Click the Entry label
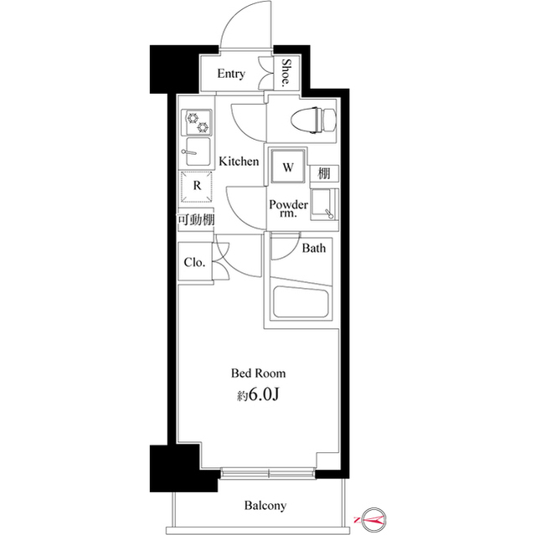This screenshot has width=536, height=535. [x=230, y=74]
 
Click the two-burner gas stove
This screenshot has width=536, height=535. [x=197, y=122]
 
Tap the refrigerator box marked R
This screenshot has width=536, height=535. [x=197, y=186]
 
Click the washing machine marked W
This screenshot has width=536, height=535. [x=287, y=166]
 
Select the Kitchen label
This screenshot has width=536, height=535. [x=239, y=161]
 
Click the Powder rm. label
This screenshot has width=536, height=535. [x=287, y=210]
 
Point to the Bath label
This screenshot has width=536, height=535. [x=314, y=248]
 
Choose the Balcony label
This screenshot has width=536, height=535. [x=265, y=506]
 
